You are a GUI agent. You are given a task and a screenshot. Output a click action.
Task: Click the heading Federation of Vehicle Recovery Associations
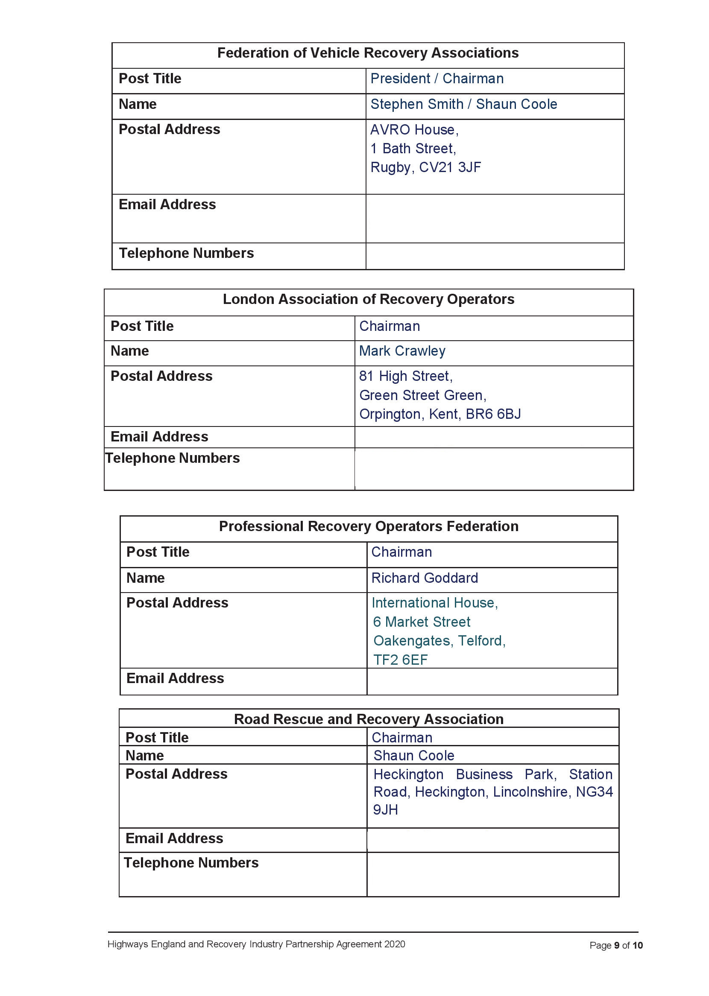tap(368, 53)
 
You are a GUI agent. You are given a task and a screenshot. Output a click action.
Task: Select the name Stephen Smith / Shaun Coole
tap(463, 104)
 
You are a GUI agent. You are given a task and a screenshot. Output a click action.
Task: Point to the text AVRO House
tap(413, 130)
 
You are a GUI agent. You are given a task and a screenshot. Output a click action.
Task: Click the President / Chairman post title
tap(437, 79)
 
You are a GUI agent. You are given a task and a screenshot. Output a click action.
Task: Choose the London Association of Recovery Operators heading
tap(368, 299)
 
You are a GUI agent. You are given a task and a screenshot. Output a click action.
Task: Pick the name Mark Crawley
tap(402, 351)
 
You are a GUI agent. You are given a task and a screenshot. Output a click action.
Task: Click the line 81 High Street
tap(405, 376)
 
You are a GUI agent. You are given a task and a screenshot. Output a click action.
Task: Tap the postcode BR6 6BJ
tap(493, 414)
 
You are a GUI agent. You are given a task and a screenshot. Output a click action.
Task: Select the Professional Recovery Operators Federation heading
tap(369, 526)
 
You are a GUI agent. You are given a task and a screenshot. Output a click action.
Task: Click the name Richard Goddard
tap(425, 578)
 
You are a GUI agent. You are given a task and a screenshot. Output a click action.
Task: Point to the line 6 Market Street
tap(421, 622)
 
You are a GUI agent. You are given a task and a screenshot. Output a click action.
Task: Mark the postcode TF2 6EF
tap(400, 660)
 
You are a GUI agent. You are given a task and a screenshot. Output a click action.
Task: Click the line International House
tap(434, 603)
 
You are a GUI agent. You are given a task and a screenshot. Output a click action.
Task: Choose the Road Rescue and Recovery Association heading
tap(369, 719)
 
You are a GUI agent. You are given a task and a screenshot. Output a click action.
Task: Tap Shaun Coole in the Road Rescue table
tap(413, 756)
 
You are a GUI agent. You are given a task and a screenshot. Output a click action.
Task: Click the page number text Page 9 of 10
tap(615, 945)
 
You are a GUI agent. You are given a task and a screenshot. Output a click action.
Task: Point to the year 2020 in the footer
tap(394, 944)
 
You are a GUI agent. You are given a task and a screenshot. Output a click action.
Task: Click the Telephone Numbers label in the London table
tap(173, 458)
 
